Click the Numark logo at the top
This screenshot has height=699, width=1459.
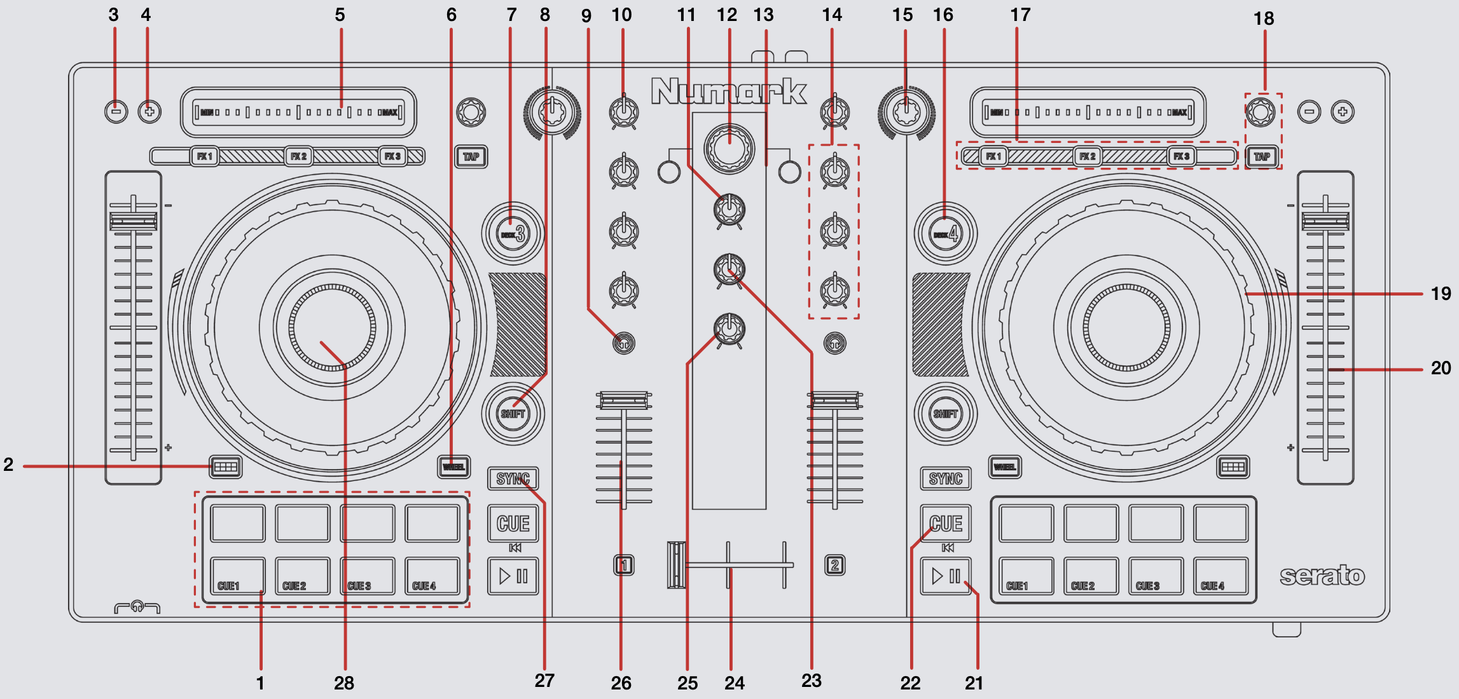pos(729,92)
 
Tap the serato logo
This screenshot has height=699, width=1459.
pos(1322,576)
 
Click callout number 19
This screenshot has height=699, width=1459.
pos(1441,294)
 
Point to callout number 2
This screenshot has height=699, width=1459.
pos(8,465)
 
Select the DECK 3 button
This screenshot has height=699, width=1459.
pos(513,234)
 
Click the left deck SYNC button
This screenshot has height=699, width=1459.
pos(513,478)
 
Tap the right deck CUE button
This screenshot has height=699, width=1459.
pos(946,523)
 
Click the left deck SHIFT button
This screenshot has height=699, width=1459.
pos(513,414)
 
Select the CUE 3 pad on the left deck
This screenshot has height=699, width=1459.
pos(367,576)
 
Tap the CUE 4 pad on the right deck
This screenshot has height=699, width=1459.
pos(1220,576)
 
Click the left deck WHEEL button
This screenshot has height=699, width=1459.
pos(453,467)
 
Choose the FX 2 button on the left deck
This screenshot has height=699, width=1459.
pos(298,156)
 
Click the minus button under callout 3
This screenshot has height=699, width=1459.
pos(116,112)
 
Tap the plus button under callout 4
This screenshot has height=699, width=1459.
pos(149,112)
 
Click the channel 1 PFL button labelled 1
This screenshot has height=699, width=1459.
pos(624,565)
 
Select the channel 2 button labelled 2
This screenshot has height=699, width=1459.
pos(835,565)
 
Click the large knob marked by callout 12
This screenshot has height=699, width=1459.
pos(729,149)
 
